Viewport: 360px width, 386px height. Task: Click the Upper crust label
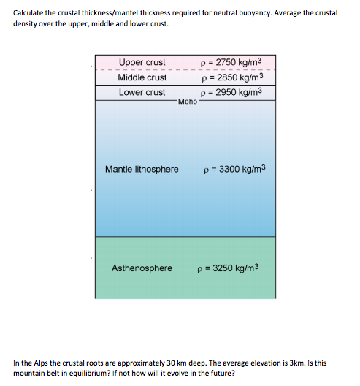coord(142,62)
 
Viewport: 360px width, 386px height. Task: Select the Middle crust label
coord(142,77)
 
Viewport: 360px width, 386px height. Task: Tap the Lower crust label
coord(142,92)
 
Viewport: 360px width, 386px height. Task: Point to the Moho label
coord(187,102)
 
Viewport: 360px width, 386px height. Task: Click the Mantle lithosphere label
coord(142,170)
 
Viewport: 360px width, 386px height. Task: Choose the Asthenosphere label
coord(142,268)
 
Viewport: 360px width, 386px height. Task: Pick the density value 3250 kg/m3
coord(228,268)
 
